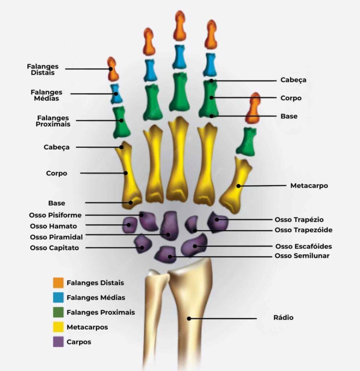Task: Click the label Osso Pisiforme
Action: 55,215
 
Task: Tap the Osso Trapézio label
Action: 299,220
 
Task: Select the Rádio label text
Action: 283,318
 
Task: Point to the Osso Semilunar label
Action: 302,256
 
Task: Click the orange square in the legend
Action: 58,283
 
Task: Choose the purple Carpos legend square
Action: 58,342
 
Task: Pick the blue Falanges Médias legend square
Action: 58,297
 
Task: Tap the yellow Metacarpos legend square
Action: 58,327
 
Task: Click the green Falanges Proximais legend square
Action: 58,312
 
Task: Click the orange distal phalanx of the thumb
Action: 253,108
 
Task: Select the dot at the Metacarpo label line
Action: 239,186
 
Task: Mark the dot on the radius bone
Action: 189,318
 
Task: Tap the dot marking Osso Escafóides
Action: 195,246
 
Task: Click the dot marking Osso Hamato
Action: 129,225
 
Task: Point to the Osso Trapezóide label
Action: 303,230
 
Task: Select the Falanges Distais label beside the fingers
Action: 43,70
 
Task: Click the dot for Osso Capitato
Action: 142,248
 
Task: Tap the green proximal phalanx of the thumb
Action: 246,141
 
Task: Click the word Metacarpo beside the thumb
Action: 309,185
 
